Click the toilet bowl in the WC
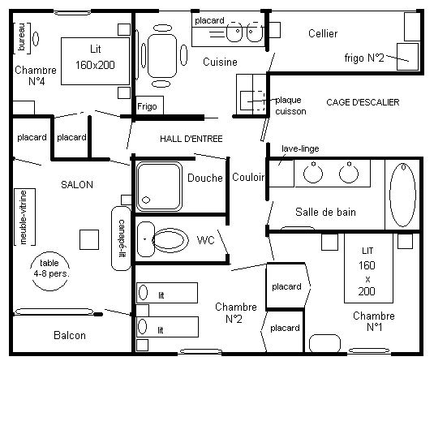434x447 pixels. click(170, 240)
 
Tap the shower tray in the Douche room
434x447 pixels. click(159, 187)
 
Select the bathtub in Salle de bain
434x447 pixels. click(402, 195)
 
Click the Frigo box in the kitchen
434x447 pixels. click(149, 105)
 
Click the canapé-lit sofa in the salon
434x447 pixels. click(121, 239)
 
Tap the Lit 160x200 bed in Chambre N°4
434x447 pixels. click(95, 61)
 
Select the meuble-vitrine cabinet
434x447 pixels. click(24, 217)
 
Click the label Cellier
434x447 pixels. click(323, 33)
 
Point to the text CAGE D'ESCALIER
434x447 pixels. click(363, 102)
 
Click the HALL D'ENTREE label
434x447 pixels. click(191, 139)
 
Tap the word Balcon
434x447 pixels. click(70, 335)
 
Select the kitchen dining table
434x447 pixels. click(162, 56)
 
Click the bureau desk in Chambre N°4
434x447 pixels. click(22, 38)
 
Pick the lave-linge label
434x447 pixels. click(300, 148)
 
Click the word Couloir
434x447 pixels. click(248, 177)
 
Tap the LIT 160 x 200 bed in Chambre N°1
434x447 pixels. click(368, 268)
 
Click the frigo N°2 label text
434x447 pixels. click(364, 58)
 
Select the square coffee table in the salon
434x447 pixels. click(89, 240)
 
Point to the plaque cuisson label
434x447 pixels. click(290, 105)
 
